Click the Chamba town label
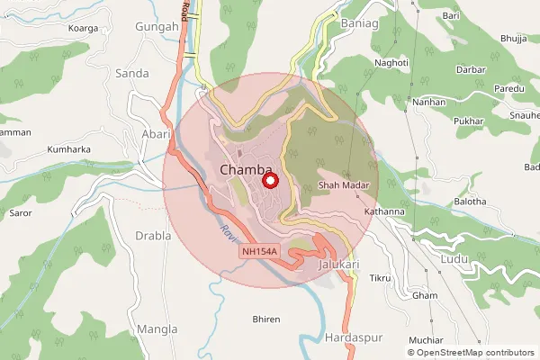pos(247,171)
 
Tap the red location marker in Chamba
pos(268,181)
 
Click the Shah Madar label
pos(339,186)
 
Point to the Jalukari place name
pos(339,265)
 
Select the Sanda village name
pos(132,73)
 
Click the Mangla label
pos(159,329)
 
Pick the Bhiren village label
pos(267,319)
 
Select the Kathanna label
pos(384,211)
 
